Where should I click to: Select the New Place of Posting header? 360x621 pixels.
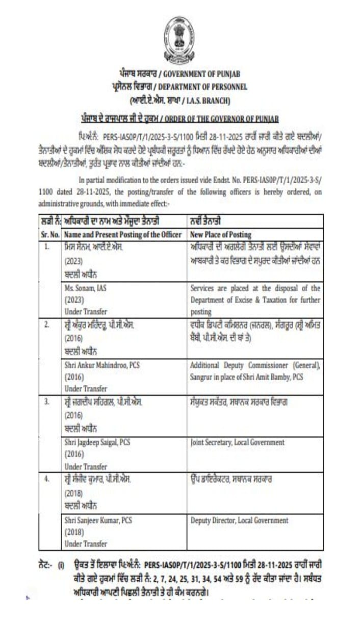click(x=220, y=235)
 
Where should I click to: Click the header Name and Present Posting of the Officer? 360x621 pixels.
click(x=123, y=235)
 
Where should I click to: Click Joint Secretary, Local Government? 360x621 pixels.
click(x=237, y=442)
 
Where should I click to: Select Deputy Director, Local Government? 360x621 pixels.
click(x=239, y=520)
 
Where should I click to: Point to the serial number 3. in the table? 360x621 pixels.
click(x=46, y=402)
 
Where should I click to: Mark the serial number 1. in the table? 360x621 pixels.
click(x=46, y=246)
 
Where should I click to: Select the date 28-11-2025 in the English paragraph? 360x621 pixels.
click(x=105, y=193)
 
